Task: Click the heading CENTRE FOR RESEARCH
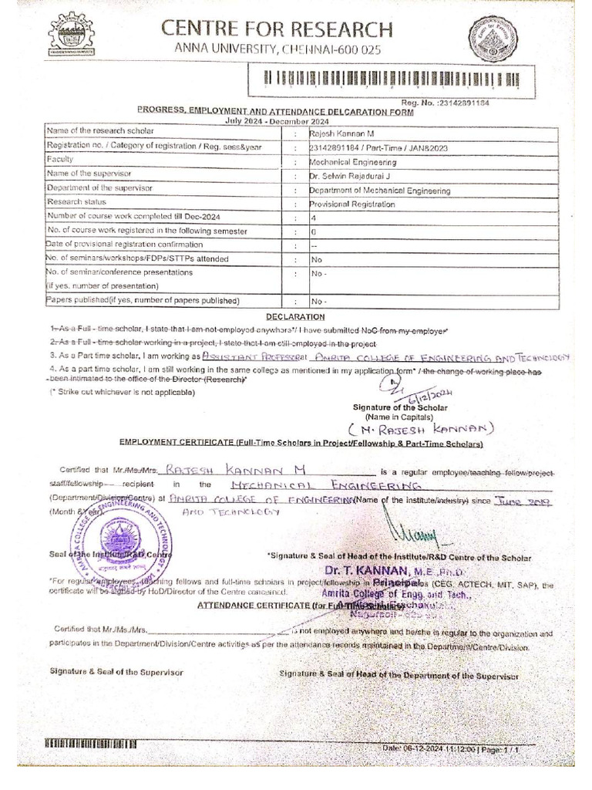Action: [277, 30]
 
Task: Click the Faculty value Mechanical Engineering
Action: [353, 162]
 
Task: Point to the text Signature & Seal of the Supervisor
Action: [116, 672]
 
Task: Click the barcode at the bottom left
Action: [91, 744]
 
